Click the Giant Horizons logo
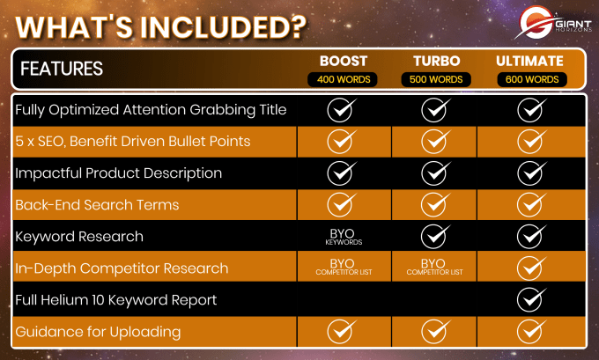click(553, 23)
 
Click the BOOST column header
click(344, 61)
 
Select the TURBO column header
click(436, 61)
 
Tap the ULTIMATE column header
click(529, 61)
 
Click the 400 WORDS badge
click(343, 79)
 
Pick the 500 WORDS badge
click(436, 79)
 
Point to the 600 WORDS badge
click(532, 79)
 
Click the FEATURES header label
click(62, 69)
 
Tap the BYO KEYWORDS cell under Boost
click(343, 237)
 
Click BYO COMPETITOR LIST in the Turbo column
click(434, 267)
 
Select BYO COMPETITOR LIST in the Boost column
click(344, 267)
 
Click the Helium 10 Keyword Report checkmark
click(531, 299)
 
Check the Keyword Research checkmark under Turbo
click(435, 236)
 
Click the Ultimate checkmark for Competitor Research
click(531, 268)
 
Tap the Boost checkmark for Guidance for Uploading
click(342, 331)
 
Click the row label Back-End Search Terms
click(97, 205)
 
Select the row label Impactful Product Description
click(118, 173)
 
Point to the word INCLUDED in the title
click(224, 27)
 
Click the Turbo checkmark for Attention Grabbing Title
click(435, 110)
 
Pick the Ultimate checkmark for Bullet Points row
click(531, 141)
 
